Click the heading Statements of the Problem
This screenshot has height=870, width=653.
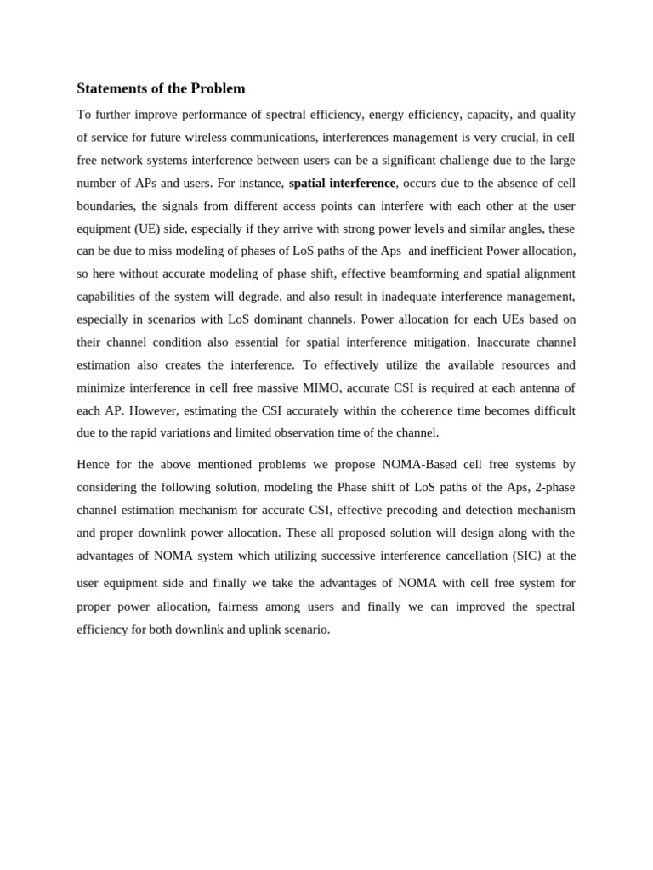click(161, 88)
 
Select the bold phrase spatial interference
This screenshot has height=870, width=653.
click(342, 183)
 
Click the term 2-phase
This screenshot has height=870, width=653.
click(555, 487)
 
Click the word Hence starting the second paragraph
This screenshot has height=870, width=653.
click(94, 464)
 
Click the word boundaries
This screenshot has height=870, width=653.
click(106, 206)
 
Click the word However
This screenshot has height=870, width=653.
click(155, 410)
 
